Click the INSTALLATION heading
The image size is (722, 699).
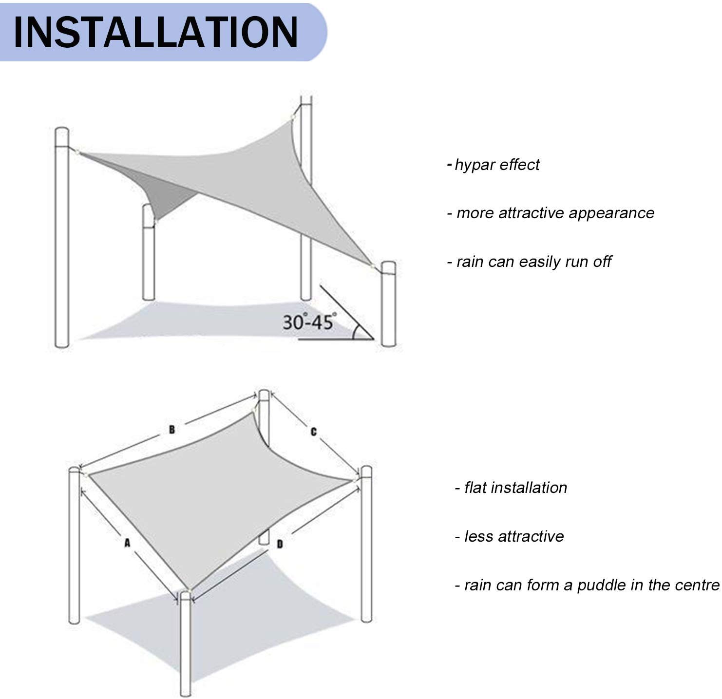pos(156,32)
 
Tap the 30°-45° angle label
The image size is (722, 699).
pos(309,322)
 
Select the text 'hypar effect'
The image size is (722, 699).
pos(496,165)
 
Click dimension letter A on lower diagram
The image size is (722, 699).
pos(127,543)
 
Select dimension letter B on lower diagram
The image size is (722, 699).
pos(171,429)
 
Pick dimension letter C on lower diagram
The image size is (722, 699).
pos(313,432)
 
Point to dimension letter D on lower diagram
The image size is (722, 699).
pos(280,544)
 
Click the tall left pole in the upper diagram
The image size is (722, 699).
pos(62,244)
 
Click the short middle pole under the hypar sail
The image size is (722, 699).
pos(149,258)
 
